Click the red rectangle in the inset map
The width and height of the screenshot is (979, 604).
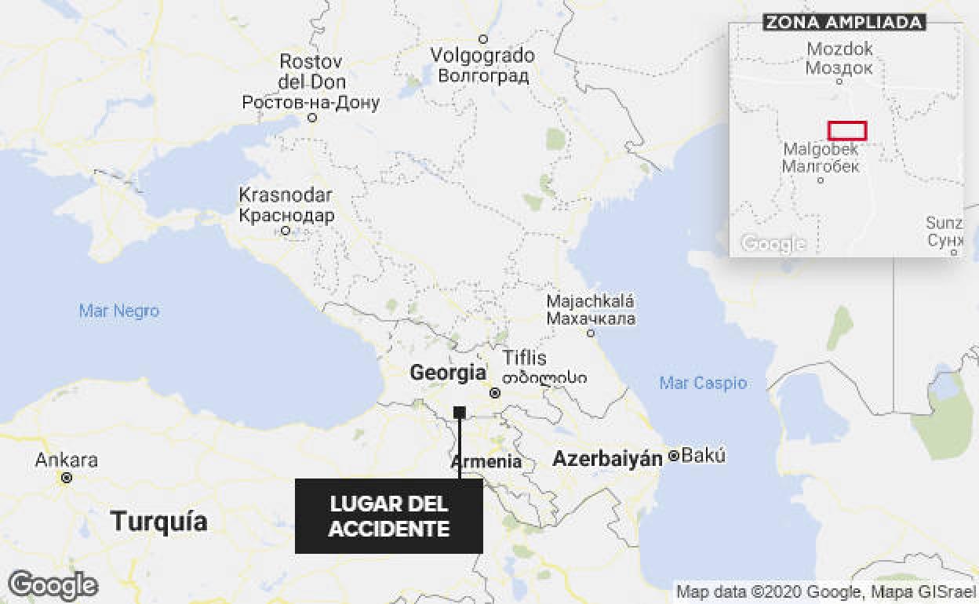coord(847,130)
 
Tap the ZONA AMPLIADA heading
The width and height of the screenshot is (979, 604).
coord(844,22)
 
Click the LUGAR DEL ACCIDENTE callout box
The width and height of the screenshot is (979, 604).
coord(388,516)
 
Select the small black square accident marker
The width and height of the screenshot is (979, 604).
coord(460,413)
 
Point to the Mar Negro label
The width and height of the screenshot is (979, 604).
coord(119,311)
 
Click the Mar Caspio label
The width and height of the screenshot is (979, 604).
coord(703,383)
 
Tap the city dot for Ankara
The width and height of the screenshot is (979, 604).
coord(67,477)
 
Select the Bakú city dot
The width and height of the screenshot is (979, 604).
coord(673,456)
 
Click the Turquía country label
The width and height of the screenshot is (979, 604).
coord(159,521)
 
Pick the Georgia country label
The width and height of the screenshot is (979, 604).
coord(448,373)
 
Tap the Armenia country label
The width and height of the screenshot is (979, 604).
coord(486,461)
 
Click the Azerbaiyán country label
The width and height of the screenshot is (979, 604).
coord(608,459)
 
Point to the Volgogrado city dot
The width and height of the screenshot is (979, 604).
coord(483,39)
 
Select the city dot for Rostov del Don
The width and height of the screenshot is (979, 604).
coord(312,118)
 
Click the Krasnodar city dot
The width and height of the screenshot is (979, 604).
coord(286,231)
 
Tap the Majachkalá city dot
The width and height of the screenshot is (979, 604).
coord(591,333)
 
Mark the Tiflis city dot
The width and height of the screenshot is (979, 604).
coord(495,393)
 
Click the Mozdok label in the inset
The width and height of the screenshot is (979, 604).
coord(839,49)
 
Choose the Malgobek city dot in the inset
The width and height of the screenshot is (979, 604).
coord(821,180)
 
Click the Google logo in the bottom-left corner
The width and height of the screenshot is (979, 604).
coord(53,585)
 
